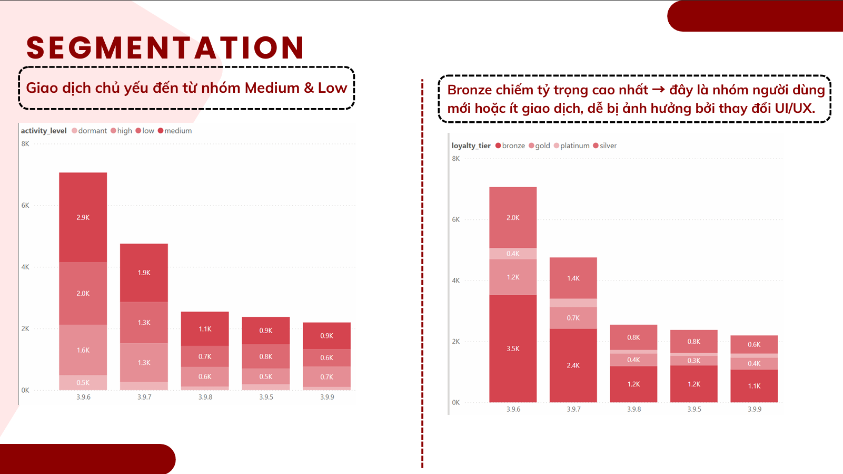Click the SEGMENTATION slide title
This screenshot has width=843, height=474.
165,47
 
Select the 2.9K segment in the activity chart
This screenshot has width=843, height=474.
83,217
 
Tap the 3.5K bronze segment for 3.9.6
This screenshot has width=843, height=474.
513,349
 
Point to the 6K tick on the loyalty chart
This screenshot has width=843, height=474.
456,219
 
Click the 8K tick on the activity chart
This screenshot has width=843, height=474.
25,144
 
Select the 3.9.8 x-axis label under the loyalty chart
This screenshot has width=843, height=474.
634,409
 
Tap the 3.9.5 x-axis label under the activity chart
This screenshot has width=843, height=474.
266,397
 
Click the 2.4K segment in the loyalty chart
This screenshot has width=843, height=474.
573,365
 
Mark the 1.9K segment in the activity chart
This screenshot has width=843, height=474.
144,273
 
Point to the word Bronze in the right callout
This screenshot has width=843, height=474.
469,90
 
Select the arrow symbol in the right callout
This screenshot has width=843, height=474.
658,90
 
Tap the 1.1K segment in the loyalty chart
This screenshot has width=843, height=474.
754,386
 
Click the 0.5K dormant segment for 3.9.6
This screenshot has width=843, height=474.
83,383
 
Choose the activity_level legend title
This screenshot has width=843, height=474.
44,131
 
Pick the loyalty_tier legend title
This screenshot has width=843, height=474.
471,146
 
